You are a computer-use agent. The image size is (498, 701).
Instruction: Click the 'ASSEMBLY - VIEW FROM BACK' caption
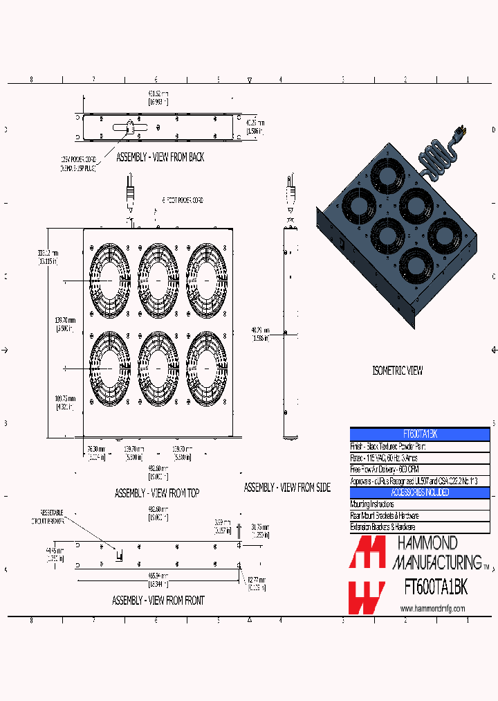point(160,157)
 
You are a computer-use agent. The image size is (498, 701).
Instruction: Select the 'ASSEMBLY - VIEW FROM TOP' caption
point(156,493)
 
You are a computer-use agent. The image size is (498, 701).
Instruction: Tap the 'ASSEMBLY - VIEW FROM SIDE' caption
point(287,488)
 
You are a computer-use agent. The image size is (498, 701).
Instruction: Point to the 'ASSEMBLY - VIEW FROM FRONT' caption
point(158,601)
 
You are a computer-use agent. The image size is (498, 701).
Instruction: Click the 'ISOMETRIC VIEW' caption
point(397,371)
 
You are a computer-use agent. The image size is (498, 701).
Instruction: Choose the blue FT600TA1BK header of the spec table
point(419,434)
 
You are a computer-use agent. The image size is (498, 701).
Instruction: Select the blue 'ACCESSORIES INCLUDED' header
point(419,493)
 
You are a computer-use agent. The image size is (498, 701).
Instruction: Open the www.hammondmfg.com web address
point(432,608)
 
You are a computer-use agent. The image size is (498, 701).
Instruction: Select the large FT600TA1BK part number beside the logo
point(435,587)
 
